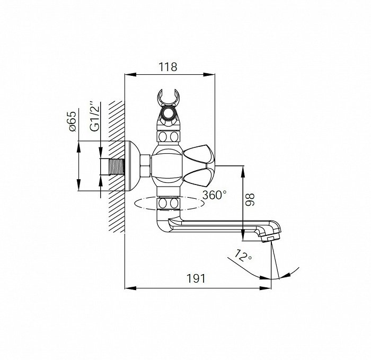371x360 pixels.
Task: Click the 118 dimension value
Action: point(168,67)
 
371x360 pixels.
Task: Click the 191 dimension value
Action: point(196,278)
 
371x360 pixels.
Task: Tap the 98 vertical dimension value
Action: point(250,199)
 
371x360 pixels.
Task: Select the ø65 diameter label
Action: point(72,121)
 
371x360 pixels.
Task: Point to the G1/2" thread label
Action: point(94,117)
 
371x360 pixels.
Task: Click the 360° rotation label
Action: point(215,195)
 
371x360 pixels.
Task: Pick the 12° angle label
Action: point(243,256)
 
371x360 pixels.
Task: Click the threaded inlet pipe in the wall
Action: point(116,166)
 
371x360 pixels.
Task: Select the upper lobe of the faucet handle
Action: point(198,154)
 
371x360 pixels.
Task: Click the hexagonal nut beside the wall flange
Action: point(146,166)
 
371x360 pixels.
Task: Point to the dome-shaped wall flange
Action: point(132,166)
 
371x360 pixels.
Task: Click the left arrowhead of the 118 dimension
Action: point(130,75)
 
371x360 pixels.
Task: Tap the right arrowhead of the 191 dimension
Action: point(265,288)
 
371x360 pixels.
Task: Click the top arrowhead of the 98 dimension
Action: point(243,171)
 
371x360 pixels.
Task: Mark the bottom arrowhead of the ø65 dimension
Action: point(79,185)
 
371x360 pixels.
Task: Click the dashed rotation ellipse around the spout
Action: point(169,203)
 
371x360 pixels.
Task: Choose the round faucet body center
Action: point(167,166)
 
